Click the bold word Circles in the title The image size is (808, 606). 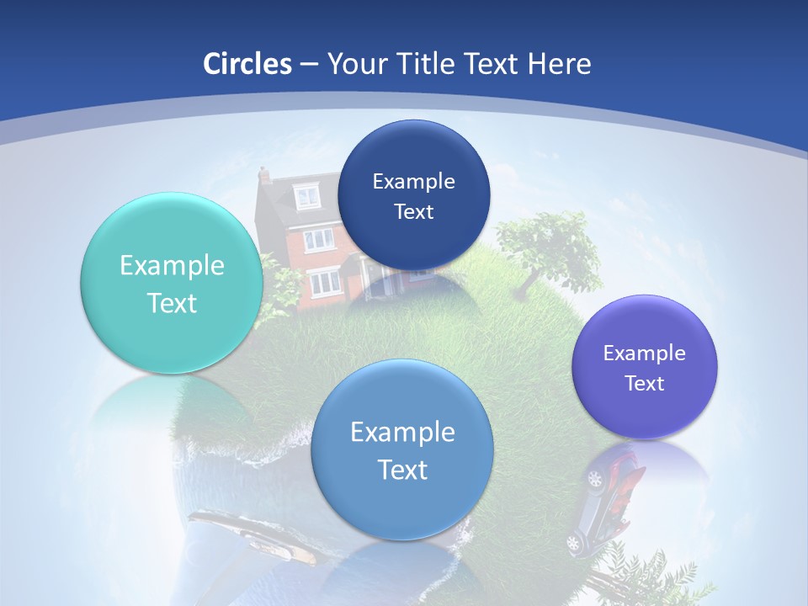point(247,64)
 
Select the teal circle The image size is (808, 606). point(172,283)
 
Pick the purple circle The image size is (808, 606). point(645,367)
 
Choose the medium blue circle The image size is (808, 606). point(402,449)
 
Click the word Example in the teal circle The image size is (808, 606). point(172,266)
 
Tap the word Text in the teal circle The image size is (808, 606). point(172,303)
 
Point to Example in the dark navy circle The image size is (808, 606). point(413,181)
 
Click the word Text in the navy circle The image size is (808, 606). point(413,211)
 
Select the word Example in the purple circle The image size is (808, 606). point(645,353)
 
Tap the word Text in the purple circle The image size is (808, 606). point(645,384)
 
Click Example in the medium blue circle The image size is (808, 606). point(402,433)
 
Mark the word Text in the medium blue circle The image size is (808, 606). point(402,470)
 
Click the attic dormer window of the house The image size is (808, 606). point(306,197)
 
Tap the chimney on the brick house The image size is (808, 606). point(264,175)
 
